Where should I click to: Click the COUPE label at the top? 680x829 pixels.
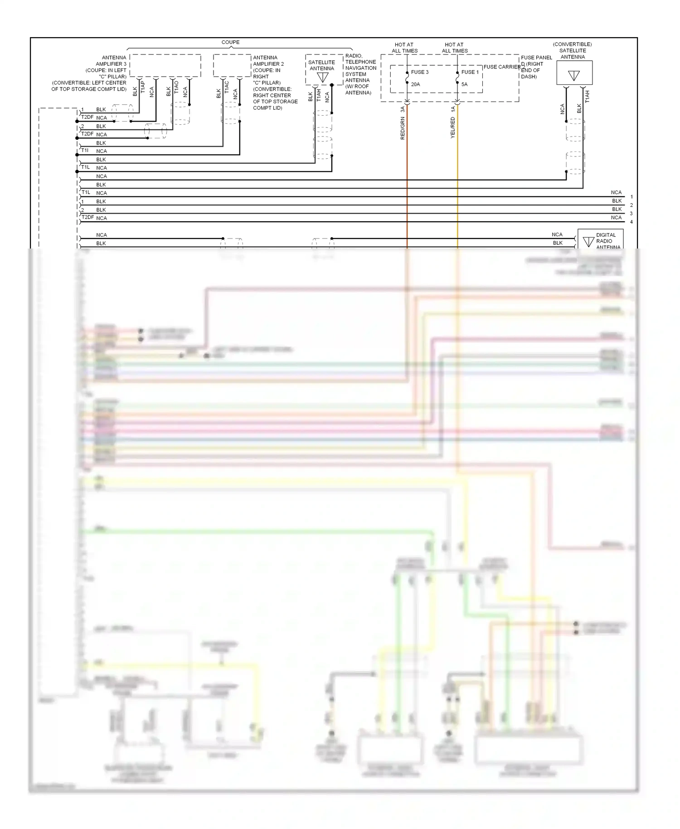click(230, 42)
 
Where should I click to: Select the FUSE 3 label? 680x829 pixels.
click(419, 72)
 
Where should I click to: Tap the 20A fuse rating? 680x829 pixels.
click(415, 84)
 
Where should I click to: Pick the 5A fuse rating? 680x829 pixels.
click(464, 84)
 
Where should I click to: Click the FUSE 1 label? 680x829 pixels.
click(470, 72)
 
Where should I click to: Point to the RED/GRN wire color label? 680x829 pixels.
click(403, 128)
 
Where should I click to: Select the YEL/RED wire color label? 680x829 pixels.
click(452, 127)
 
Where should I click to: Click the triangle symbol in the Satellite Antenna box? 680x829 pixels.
click(322, 78)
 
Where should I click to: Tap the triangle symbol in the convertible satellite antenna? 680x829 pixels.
click(574, 76)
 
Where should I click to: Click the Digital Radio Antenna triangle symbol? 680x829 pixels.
click(588, 242)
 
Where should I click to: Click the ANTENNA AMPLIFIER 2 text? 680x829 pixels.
click(268, 61)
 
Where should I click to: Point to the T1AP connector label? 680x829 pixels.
click(143, 88)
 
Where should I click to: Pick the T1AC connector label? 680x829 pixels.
click(227, 88)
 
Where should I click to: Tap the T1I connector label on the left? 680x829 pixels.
click(85, 150)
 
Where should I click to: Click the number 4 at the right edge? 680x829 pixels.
click(631, 222)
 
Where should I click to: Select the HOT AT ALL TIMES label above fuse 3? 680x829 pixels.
click(404, 48)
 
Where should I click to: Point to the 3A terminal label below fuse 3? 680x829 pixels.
click(403, 109)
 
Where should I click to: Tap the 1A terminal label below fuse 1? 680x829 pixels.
click(452, 109)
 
